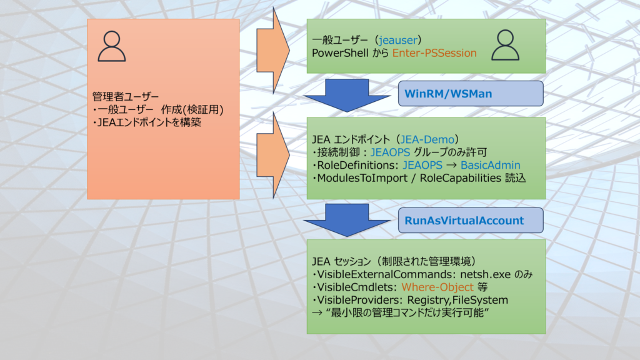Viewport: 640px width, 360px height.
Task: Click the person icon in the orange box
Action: pyautogui.click(x=112, y=47)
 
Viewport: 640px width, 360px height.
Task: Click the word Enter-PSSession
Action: pyautogui.click(x=434, y=53)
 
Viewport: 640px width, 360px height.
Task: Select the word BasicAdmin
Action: pyautogui.click(x=491, y=164)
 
